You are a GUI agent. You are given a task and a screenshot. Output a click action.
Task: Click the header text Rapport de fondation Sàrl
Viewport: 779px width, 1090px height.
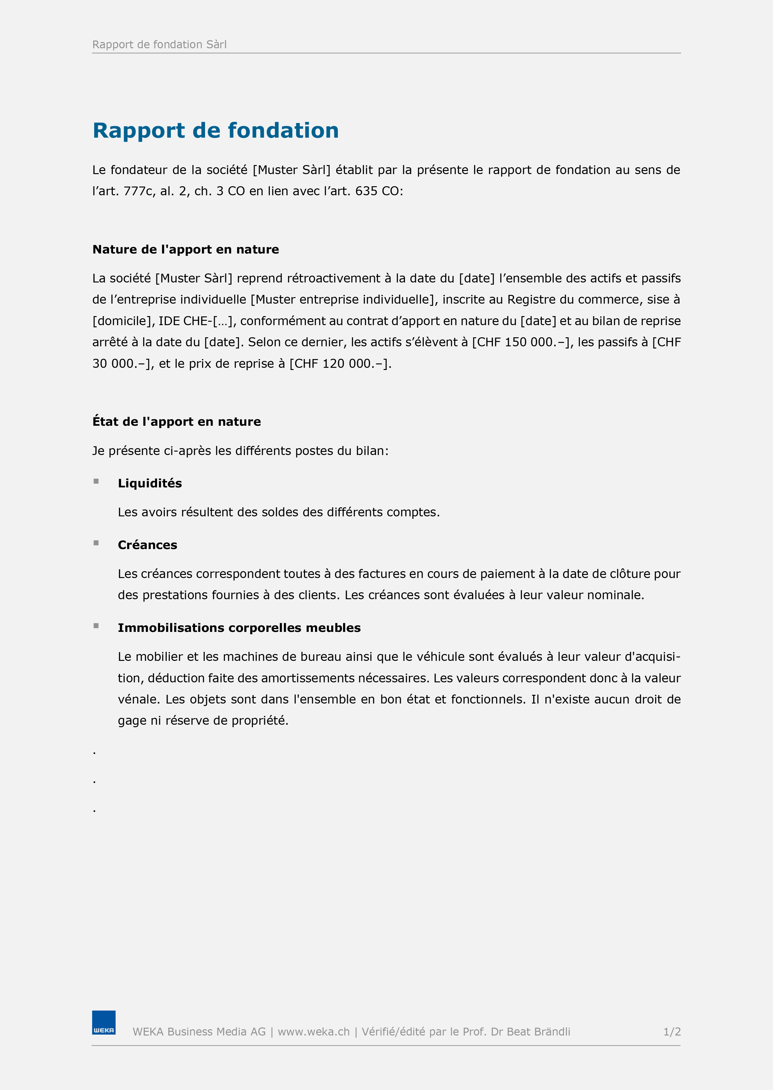160,45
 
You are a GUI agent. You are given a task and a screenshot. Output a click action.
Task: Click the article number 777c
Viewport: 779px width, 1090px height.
139,191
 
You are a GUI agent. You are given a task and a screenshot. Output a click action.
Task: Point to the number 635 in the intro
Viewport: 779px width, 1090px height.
367,191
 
